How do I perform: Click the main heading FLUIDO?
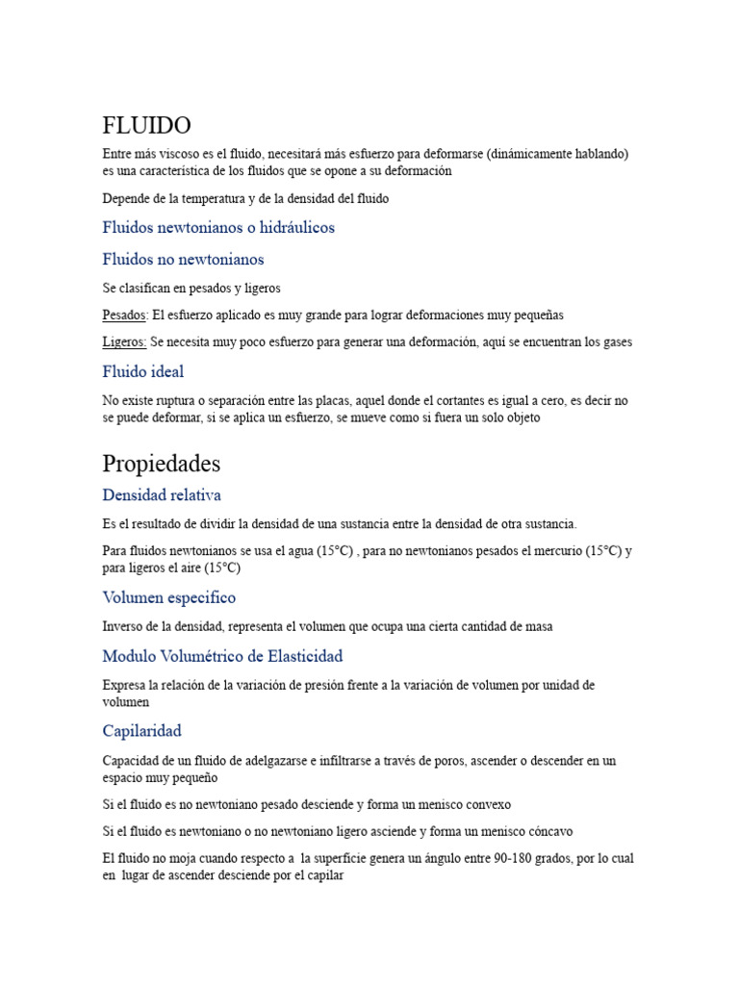tap(146, 126)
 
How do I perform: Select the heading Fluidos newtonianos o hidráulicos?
tap(218, 228)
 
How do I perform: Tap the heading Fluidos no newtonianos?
tap(183, 259)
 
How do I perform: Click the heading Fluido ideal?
tap(142, 371)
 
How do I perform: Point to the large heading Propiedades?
tap(161, 464)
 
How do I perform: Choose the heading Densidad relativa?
tap(162, 495)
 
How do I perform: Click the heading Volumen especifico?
tap(168, 597)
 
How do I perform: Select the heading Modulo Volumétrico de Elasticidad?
tap(222, 656)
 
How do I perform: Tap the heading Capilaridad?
tap(141, 731)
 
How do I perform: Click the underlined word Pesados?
tap(124, 315)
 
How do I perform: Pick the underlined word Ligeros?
tap(124, 342)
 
